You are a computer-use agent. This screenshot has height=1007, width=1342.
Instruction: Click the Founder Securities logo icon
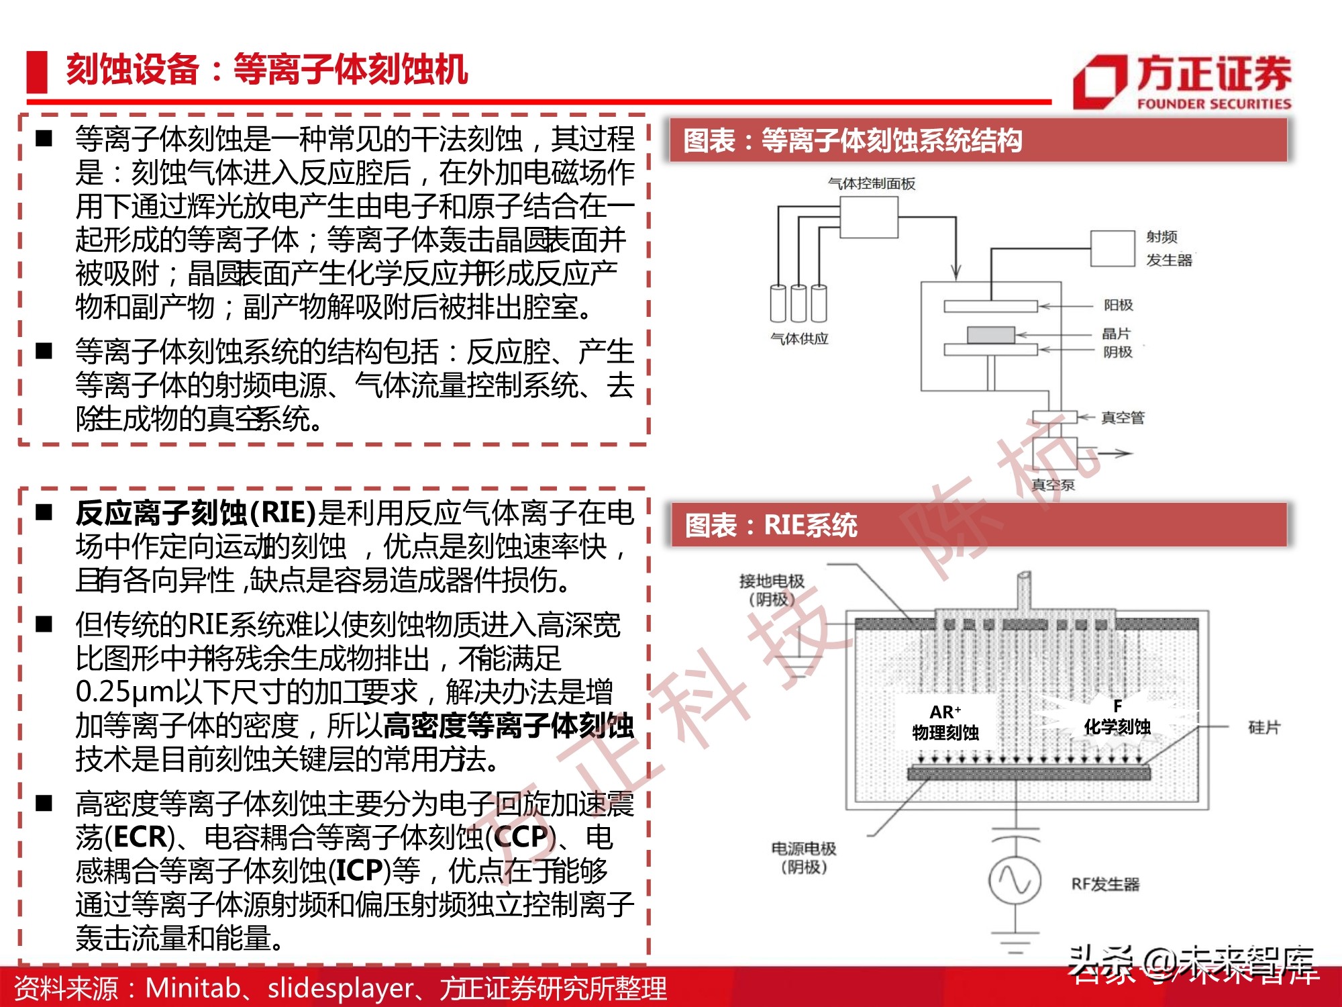point(1099,82)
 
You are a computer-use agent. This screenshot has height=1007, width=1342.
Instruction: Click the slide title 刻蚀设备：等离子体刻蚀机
point(266,70)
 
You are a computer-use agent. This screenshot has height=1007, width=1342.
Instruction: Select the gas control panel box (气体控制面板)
point(869,218)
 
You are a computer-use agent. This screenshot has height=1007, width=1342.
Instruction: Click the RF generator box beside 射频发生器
point(1112,248)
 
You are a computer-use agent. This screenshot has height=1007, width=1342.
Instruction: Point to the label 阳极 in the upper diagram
point(1118,305)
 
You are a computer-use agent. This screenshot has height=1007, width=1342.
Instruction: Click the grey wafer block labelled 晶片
point(990,334)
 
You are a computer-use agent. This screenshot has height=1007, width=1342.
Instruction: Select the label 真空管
point(1122,418)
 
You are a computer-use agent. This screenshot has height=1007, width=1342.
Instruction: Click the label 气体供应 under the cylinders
point(798,339)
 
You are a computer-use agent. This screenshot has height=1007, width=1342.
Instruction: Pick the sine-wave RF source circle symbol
point(1015,879)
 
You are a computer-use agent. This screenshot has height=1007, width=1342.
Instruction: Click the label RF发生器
point(1105,884)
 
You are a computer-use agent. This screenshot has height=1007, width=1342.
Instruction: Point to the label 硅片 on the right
point(1263,727)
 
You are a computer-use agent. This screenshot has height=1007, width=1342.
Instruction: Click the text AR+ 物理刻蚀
point(945,723)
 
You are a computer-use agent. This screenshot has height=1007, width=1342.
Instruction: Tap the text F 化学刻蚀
point(1117,718)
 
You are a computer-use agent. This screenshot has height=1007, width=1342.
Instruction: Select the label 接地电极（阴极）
point(771,589)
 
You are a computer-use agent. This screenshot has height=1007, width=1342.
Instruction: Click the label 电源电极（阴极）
point(803,857)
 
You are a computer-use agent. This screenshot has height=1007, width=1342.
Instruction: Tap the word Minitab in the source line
point(193,988)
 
